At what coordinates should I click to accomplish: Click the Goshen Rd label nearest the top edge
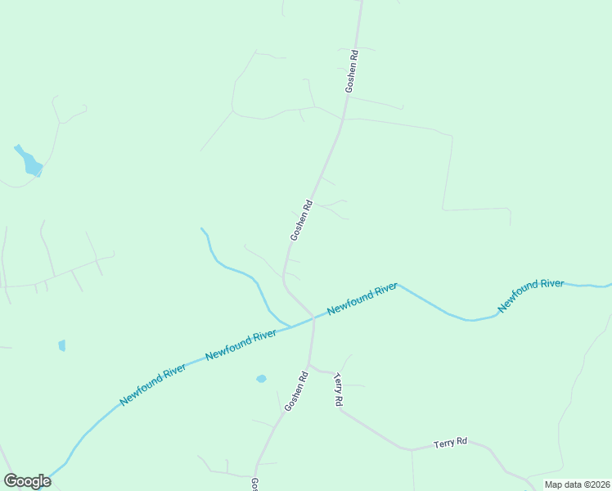pyautogui.click(x=350, y=72)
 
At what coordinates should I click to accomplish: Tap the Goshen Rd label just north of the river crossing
pyautogui.click(x=302, y=220)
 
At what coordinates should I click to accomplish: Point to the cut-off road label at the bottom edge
pyautogui.click(x=254, y=484)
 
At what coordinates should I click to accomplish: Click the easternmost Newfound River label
pyautogui.click(x=531, y=295)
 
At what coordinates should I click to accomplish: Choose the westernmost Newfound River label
pyautogui.click(x=153, y=384)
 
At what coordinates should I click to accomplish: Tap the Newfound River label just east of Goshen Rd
pyautogui.click(x=362, y=300)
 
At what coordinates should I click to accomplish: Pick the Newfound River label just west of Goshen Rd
pyautogui.click(x=241, y=344)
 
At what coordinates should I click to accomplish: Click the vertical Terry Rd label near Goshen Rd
pyautogui.click(x=337, y=390)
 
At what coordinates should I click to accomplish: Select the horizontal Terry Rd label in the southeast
pyautogui.click(x=450, y=442)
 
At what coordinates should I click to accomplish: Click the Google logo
pyautogui.click(x=27, y=481)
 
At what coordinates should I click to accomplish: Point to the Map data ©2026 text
pyautogui.click(x=576, y=484)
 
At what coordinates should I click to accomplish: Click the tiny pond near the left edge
pyautogui.click(x=62, y=345)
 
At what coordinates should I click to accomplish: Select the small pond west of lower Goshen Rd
pyautogui.click(x=261, y=379)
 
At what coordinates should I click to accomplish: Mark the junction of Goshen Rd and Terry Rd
pyautogui.click(x=311, y=365)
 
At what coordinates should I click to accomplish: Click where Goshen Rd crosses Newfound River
pyautogui.click(x=313, y=319)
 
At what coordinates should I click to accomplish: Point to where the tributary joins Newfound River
pyautogui.click(x=290, y=327)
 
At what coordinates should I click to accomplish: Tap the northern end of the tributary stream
pyautogui.click(x=201, y=229)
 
